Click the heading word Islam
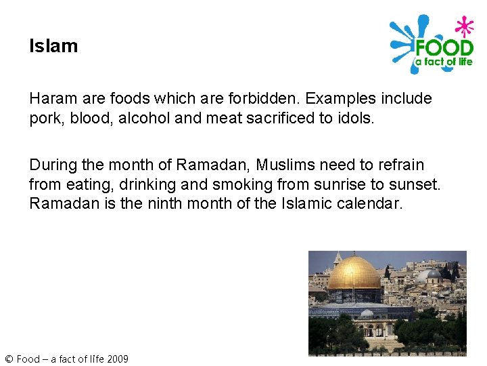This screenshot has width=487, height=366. click(53, 46)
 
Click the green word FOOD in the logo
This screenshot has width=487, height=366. click(444, 48)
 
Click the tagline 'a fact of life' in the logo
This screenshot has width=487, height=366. click(443, 62)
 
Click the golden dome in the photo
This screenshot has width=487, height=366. click(354, 272)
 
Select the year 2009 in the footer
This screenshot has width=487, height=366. click(116, 359)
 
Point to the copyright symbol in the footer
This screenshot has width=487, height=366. click(8, 359)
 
